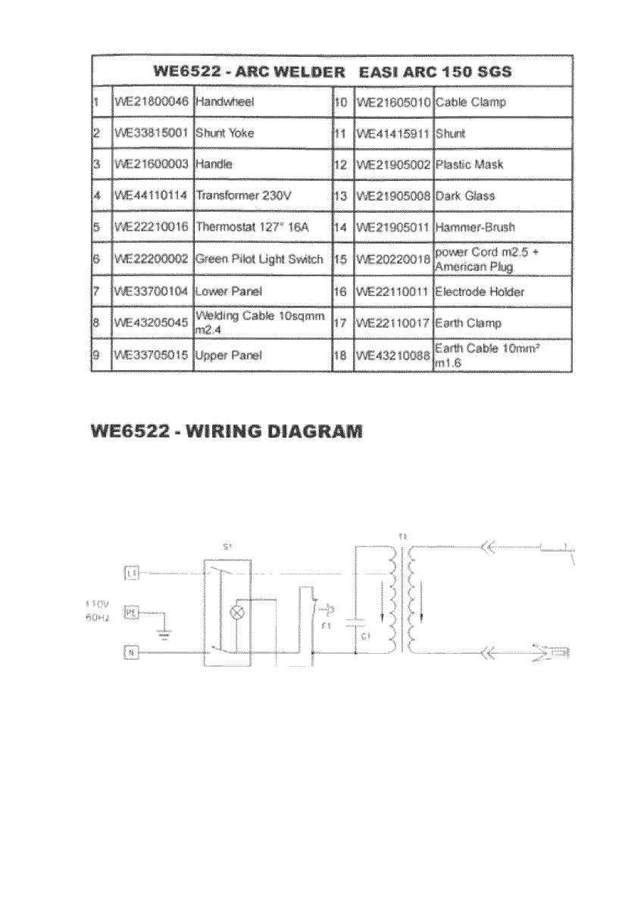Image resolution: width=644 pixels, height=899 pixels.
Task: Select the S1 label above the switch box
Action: click(228, 546)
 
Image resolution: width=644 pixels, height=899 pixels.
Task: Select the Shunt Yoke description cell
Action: click(225, 133)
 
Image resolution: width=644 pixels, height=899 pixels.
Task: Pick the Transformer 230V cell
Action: click(239, 196)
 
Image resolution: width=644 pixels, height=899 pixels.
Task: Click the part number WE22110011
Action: click(393, 291)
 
